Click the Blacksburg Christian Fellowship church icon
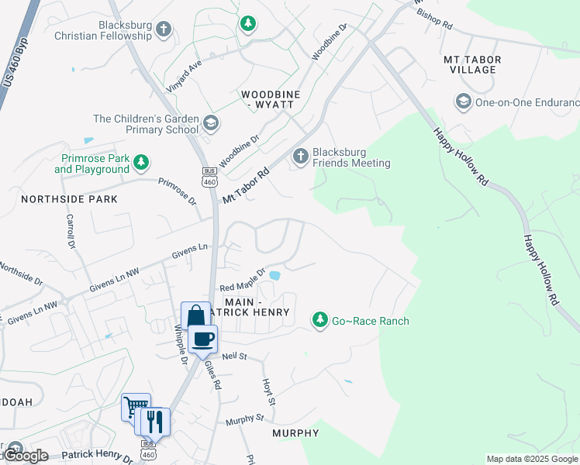point(163,29)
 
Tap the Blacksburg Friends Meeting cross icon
point(301,157)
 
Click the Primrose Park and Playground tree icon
point(140,162)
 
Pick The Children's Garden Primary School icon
point(210,123)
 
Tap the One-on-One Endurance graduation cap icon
point(463,102)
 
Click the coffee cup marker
point(203,339)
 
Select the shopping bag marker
point(195,316)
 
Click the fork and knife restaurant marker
point(156,422)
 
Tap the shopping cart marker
point(135,407)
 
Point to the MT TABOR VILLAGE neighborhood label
point(472,64)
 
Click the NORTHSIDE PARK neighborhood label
point(69,199)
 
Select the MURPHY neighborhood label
point(295,433)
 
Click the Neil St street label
point(233,356)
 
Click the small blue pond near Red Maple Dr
point(274,274)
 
